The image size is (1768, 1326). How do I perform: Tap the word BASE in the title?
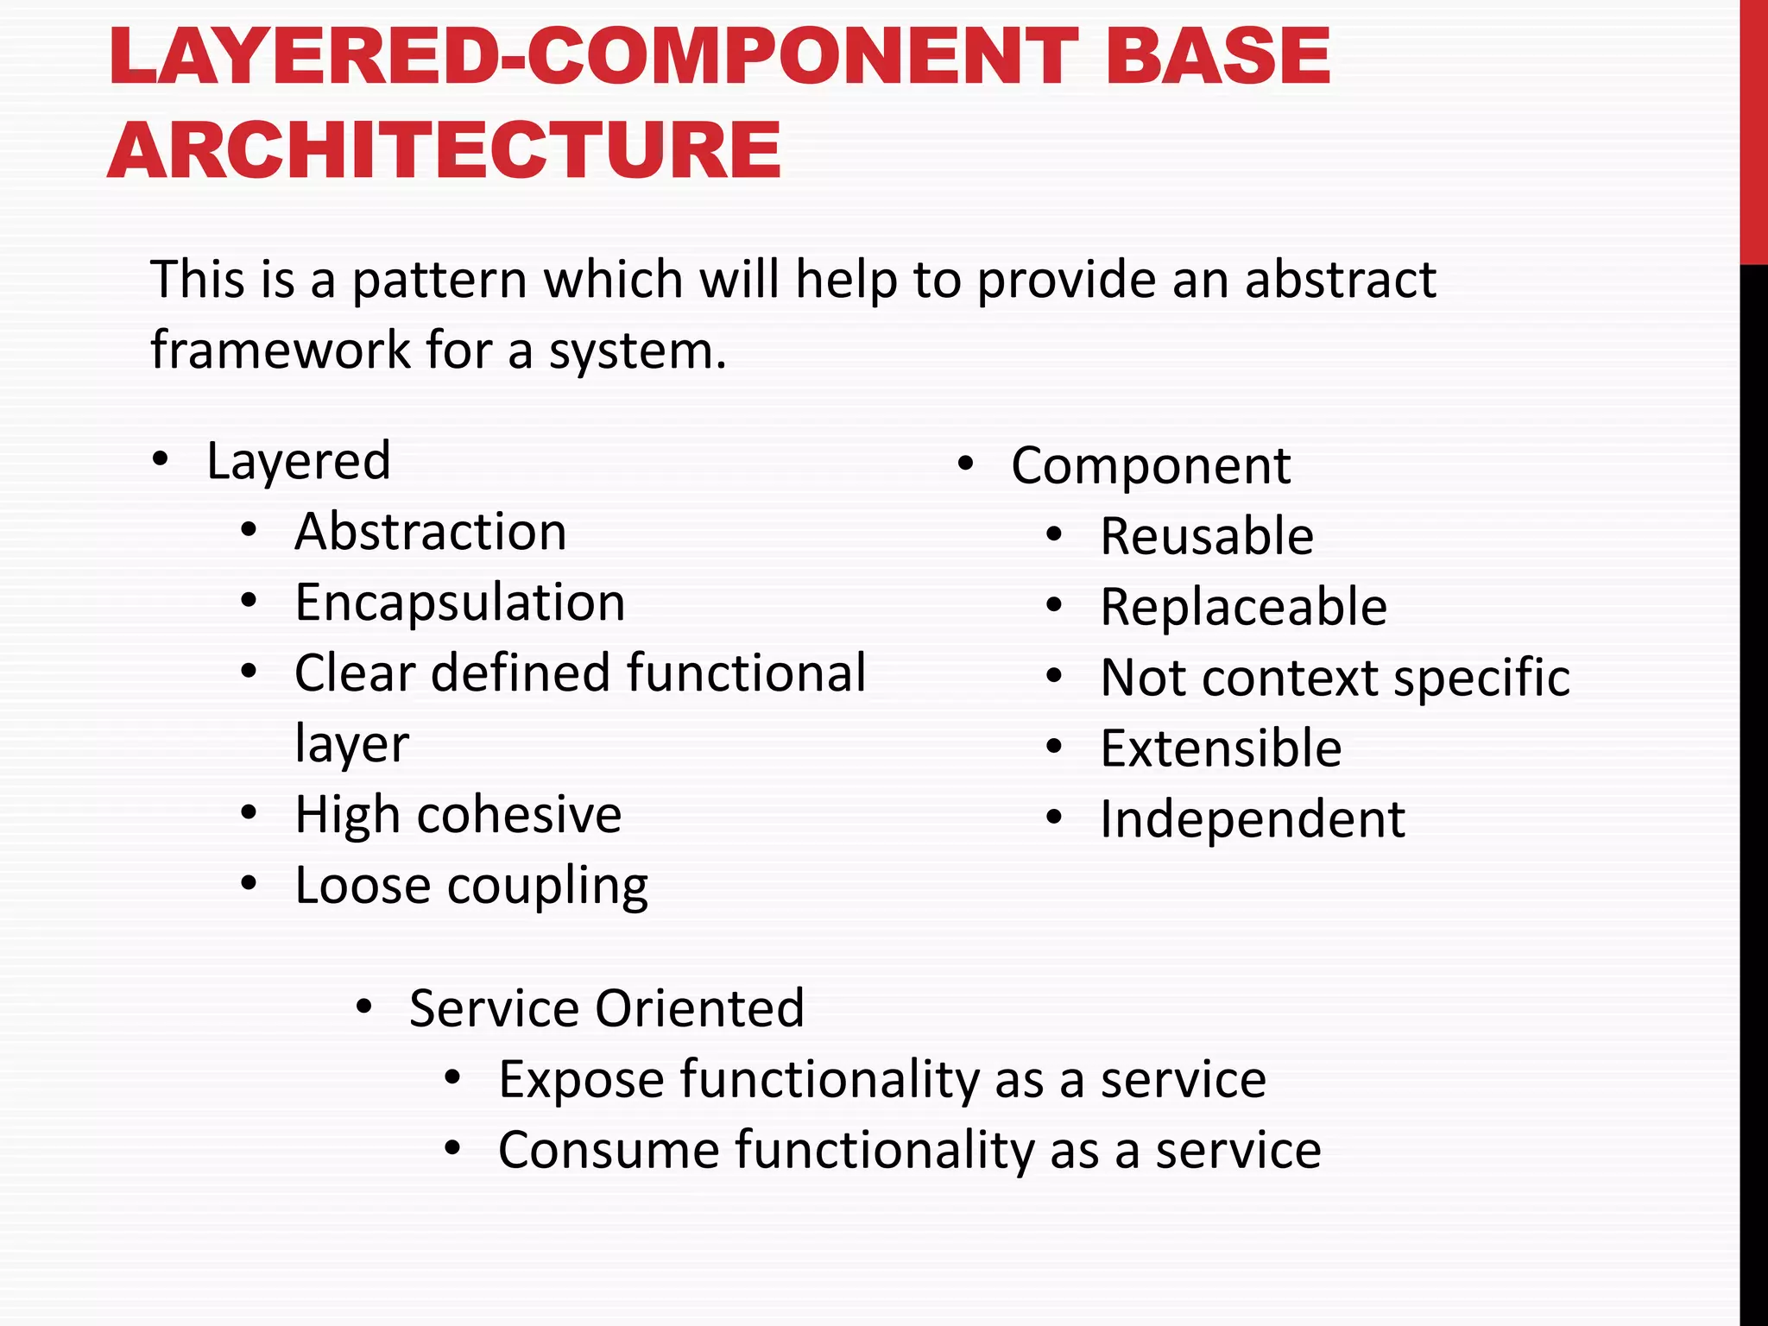[x=1218, y=57]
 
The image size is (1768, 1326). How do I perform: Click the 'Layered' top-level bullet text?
[x=299, y=461]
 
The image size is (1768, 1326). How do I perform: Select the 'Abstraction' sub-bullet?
[x=431, y=532]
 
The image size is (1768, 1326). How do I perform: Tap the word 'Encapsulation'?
[x=460, y=603]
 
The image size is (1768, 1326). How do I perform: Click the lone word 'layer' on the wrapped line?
[x=351, y=744]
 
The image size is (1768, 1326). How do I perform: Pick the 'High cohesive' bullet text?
[x=458, y=815]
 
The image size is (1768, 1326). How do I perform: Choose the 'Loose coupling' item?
[x=471, y=886]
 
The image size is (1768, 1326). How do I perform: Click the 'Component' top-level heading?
[x=1151, y=466]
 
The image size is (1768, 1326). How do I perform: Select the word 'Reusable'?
[x=1207, y=537]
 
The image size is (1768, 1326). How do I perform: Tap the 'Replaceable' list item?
[x=1244, y=608]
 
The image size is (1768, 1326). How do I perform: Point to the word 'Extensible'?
[x=1221, y=749]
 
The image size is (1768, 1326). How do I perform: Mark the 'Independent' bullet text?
[x=1253, y=820]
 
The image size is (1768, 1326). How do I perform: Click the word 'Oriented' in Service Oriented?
[x=699, y=1008]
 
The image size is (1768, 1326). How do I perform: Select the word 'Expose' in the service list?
[x=581, y=1080]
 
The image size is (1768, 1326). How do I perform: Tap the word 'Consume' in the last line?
[x=608, y=1151]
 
